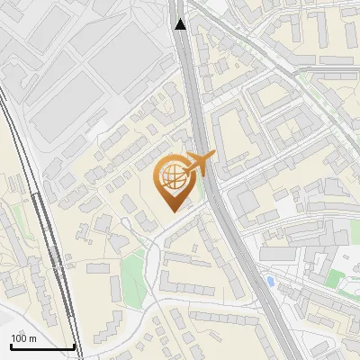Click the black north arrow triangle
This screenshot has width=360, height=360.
pyautogui.click(x=181, y=24)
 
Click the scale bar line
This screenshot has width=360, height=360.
pyautogui.click(x=41, y=346)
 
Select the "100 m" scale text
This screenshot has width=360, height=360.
pyautogui.click(x=23, y=338)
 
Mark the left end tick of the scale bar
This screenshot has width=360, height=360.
pyautogui.click(x=10, y=345)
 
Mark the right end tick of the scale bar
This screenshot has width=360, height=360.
pyautogui.click(x=74, y=345)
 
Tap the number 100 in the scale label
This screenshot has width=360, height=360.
pyautogui.click(x=19, y=338)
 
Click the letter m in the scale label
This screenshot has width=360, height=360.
pyautogui.click(x=32, y=339)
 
